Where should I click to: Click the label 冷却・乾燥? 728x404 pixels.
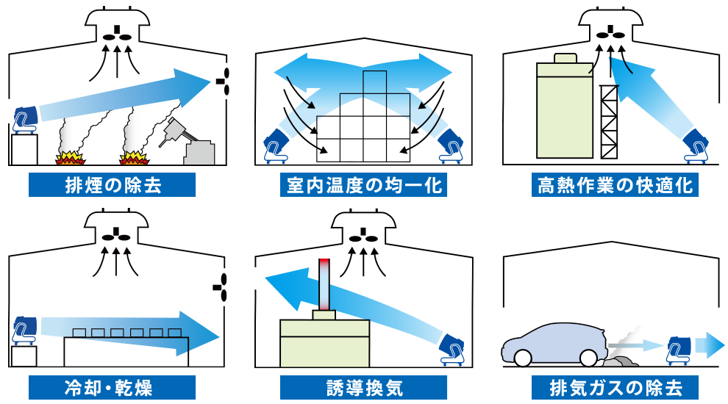[113, 387]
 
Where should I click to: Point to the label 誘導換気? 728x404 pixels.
[364, 387]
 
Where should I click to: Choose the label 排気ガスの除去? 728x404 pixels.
[615, 387]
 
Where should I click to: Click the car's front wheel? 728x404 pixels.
[523, 358]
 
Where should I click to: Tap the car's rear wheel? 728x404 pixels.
[588, 358]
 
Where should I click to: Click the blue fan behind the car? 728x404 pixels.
[677, 347]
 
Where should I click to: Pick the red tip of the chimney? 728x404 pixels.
[324, 265]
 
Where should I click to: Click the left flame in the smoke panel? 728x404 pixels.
[69, 156]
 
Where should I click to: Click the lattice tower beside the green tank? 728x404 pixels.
[610, 122]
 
